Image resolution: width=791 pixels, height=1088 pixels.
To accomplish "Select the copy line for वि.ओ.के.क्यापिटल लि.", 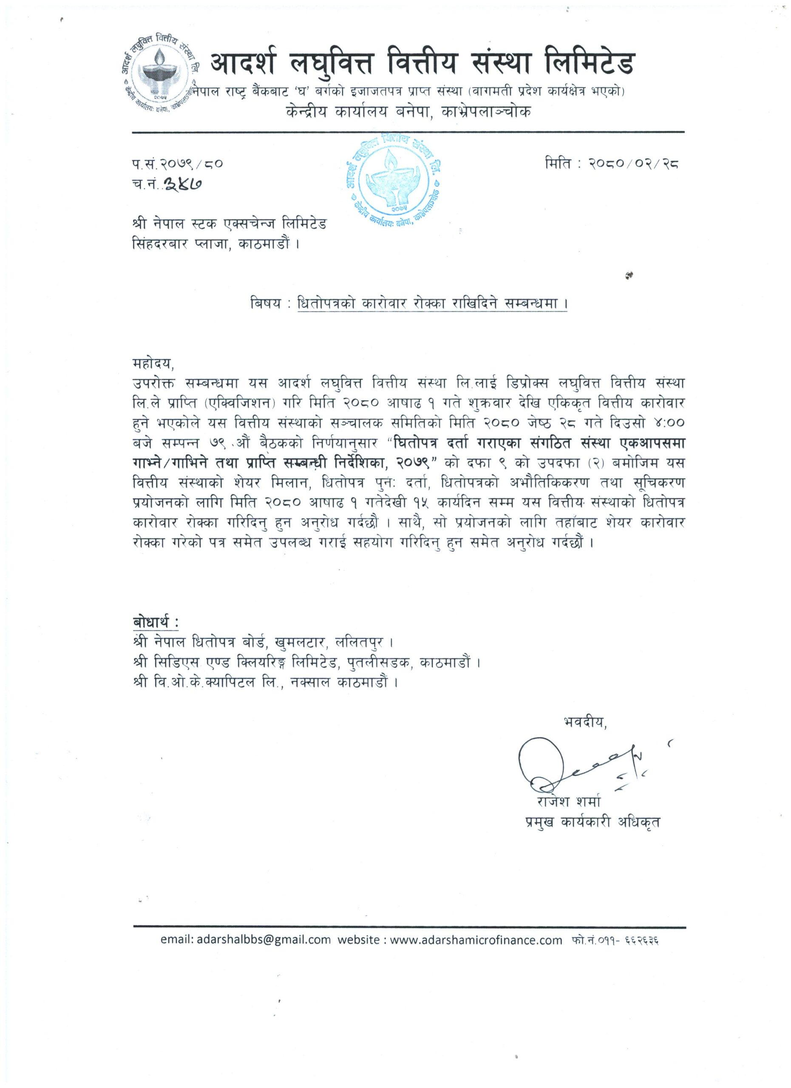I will pos(266,682).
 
